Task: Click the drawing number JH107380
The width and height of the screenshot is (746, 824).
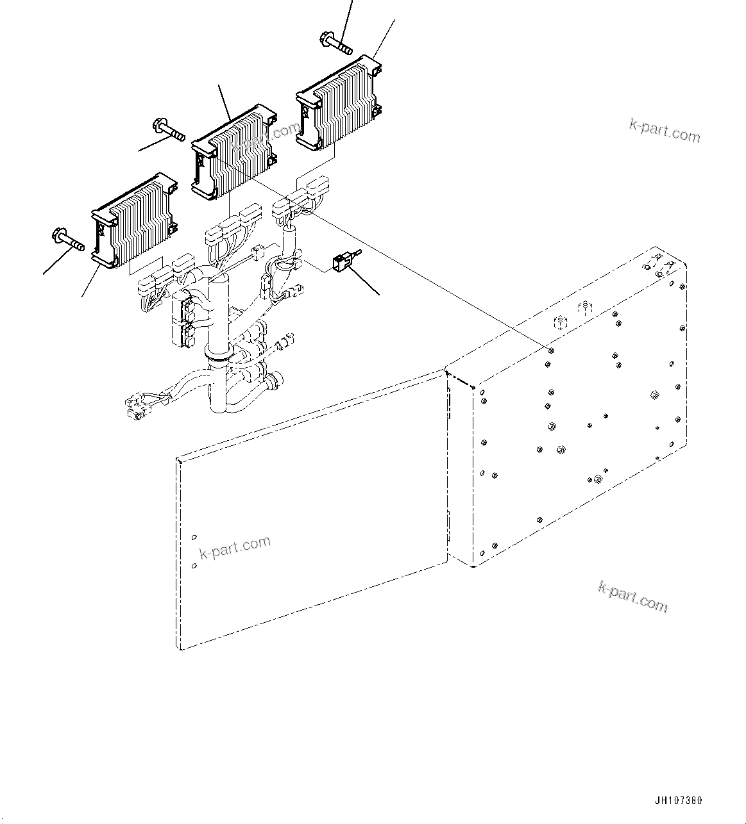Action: (679, 801)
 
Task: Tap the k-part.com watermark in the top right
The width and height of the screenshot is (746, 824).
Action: (665, 131)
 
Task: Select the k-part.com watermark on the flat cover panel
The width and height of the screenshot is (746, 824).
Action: (235, 548)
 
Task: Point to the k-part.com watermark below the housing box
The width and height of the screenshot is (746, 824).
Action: (632, 596)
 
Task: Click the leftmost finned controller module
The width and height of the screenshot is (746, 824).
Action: (134, 221)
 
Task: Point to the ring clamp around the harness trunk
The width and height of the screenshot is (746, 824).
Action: (218, 354)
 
